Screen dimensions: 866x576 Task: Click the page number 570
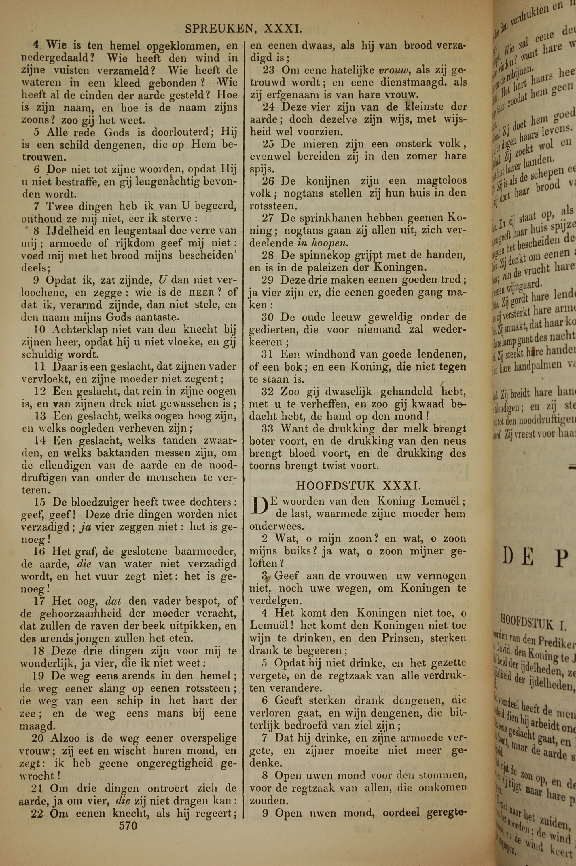[128, 826]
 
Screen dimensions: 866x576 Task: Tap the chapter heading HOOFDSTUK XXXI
[358, 486]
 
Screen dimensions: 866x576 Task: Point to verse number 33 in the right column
[268, 428]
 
